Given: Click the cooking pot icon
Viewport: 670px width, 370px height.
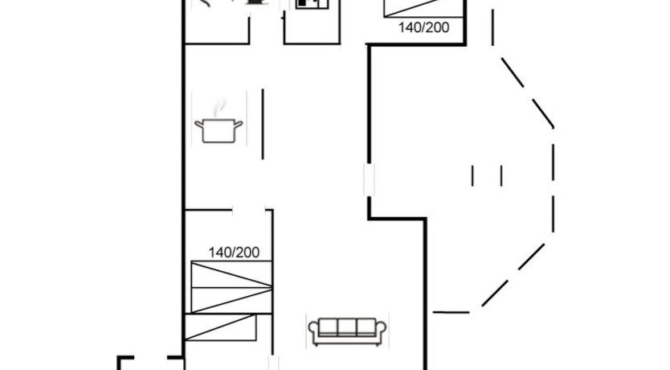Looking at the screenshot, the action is click(219, 129).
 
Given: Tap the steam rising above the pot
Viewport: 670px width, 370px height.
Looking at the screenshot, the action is click(219, 107).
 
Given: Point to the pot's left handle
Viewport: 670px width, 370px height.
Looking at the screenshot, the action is click(198, 125).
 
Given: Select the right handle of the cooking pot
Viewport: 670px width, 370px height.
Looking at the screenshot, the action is click(238, 125).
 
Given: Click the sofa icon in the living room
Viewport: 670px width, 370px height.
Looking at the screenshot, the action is click(347, 331).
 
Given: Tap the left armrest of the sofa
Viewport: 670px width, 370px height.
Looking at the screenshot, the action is click(313, 331).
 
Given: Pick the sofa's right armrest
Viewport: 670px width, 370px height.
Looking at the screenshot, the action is click(381, 331).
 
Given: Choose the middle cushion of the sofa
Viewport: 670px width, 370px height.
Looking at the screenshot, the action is click(347, 327).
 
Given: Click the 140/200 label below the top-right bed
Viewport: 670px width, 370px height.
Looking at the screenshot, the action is click(423, 27).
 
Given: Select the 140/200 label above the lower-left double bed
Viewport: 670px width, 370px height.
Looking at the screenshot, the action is click(234, 253).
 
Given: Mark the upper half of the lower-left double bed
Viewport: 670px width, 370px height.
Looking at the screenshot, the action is click(231, 274).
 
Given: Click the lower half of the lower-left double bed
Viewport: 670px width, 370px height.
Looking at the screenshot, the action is click(231, 300).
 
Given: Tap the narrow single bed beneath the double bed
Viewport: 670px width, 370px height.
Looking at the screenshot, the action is click(220, 327).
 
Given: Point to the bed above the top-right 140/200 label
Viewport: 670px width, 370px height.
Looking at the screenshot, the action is click(424, 9).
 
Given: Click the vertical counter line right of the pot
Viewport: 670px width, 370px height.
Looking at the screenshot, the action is click(263, 124).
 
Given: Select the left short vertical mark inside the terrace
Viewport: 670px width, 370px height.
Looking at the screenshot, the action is click(472, 176).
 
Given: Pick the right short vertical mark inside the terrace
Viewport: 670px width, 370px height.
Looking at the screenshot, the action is click(501, 176).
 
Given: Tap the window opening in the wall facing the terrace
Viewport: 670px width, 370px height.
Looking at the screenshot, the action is click(369, 179).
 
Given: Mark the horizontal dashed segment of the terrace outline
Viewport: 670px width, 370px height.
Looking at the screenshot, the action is click(451, 312).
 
